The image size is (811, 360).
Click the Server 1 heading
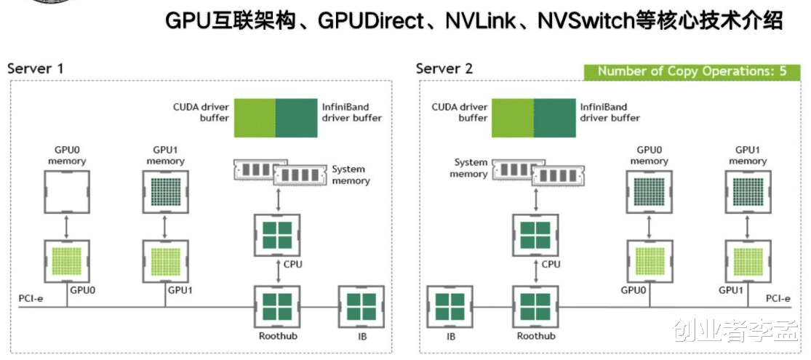pos(36,69)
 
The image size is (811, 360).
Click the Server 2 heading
pos(444,69)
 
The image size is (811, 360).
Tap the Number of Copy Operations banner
pos(691,71)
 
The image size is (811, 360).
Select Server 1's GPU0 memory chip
pos(67,192)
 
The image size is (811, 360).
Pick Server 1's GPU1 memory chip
pos(166,192)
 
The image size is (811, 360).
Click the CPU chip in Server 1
pos(277,234)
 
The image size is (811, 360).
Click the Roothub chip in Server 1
pos(277,307)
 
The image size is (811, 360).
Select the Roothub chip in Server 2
pos(535,307)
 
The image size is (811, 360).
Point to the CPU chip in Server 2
pos(535,234)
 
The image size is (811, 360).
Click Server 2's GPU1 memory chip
pos(747,192)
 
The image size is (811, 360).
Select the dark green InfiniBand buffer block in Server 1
pos(297,117)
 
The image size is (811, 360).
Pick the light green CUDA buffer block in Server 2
pos(513,117)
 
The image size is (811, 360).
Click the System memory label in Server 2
pos(471,168)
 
